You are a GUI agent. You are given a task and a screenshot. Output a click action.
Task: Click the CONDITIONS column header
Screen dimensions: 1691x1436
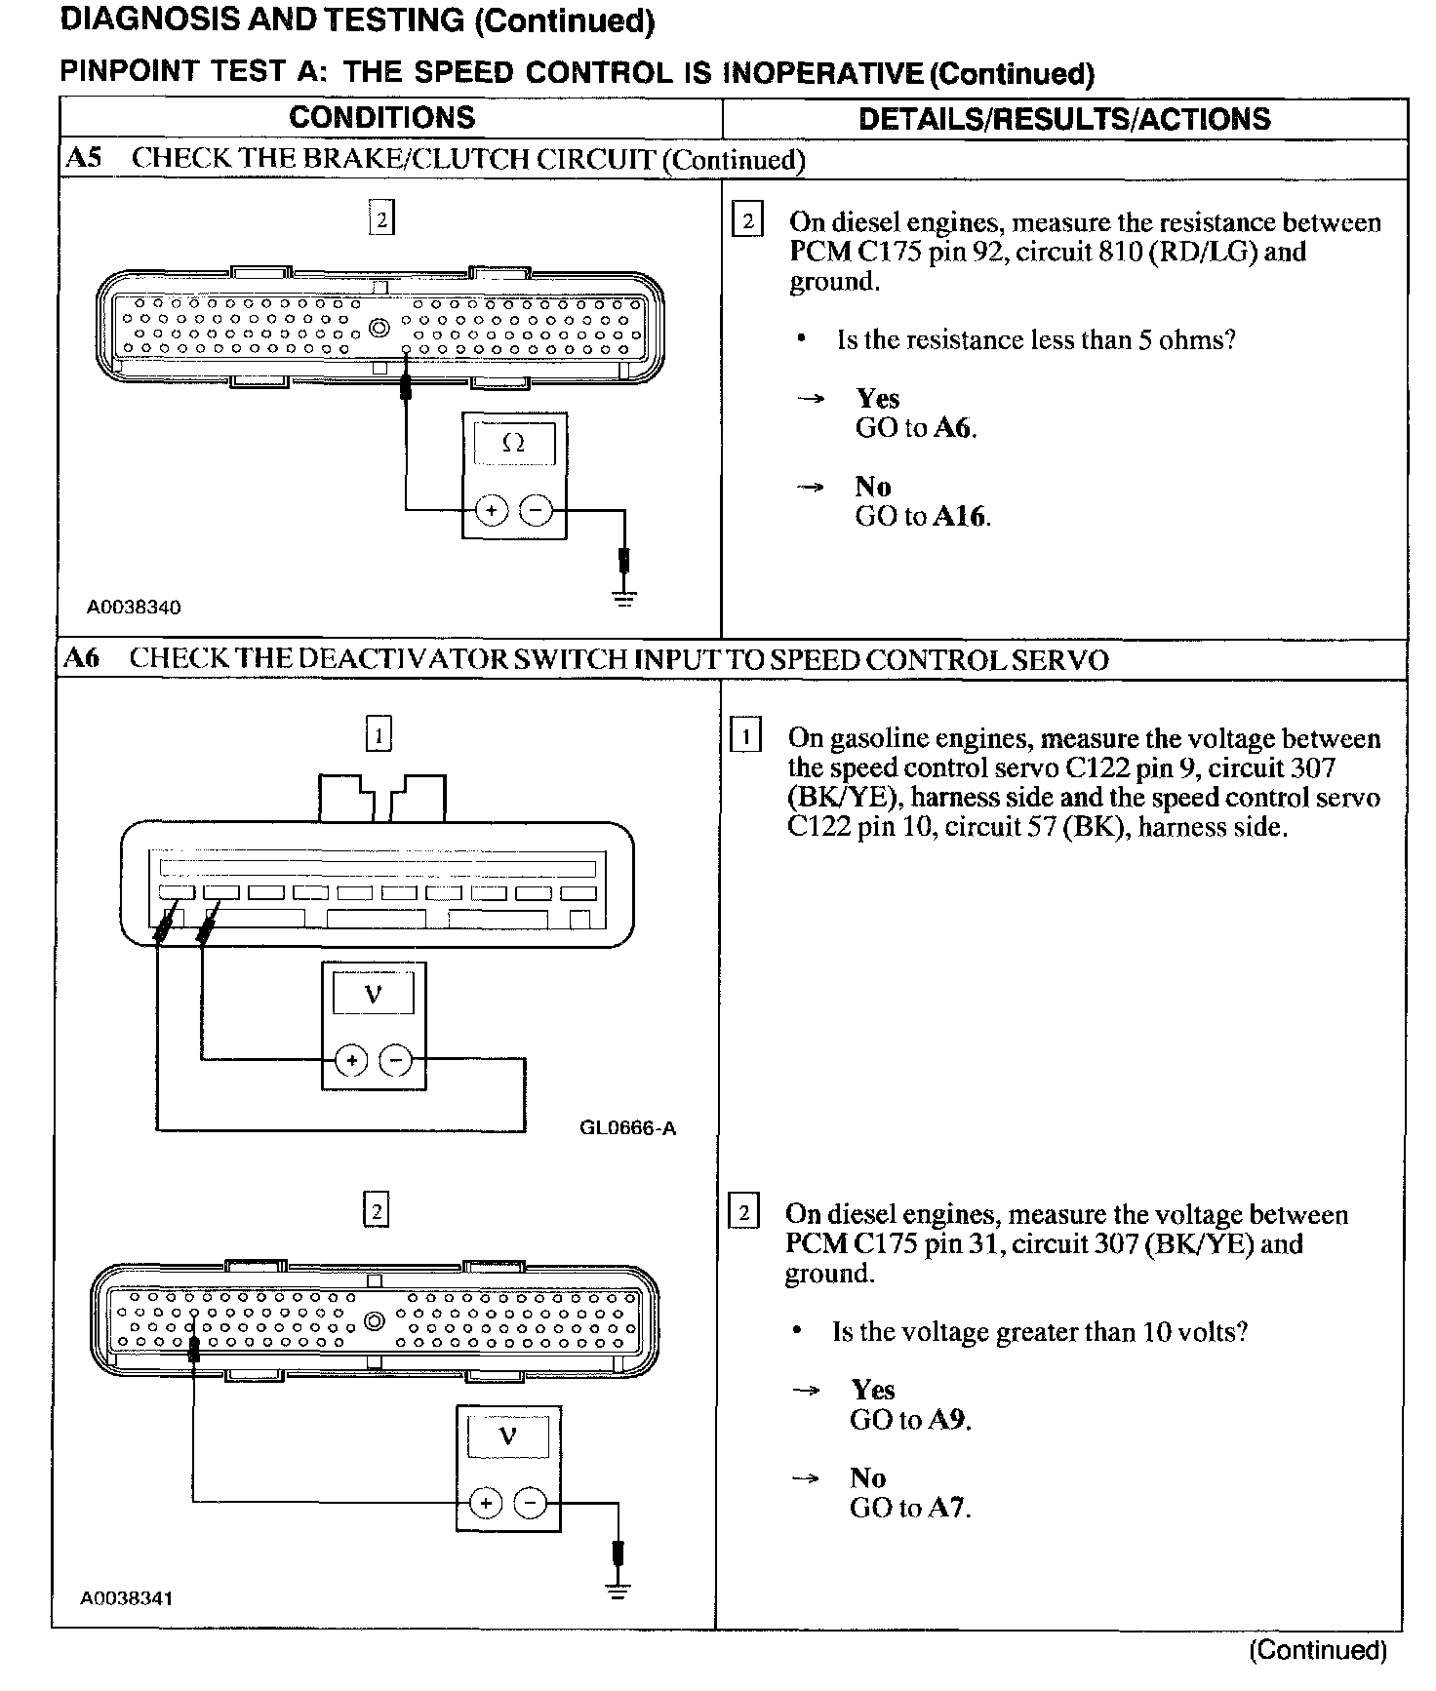[381, 118]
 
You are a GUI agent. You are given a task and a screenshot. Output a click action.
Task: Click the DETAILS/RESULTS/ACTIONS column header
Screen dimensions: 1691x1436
[1064, 119]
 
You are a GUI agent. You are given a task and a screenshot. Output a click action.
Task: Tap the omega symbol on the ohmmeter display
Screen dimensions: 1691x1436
[513, 444]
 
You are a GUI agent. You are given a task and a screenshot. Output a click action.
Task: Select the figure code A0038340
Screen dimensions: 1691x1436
[134, 608]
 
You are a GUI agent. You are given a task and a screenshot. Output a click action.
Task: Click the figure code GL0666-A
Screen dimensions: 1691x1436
[627, 1128]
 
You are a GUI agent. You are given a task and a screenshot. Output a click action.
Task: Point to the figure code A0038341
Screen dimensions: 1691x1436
[128, 1598]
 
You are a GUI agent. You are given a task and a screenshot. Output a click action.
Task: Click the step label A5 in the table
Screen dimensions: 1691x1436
[83, 159]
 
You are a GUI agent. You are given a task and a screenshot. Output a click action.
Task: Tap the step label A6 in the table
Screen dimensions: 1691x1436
[82, 658]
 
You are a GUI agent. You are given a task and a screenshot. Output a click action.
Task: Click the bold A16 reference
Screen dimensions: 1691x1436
[960, 516]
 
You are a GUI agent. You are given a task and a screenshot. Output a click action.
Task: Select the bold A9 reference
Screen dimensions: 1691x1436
[947, 1419]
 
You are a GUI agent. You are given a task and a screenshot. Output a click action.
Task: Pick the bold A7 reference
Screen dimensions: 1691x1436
[946, 1508]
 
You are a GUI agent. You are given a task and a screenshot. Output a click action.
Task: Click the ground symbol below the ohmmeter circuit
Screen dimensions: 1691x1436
[625, 597]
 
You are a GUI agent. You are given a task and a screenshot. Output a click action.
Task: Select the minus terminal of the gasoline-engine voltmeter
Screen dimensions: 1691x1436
[396, 1060]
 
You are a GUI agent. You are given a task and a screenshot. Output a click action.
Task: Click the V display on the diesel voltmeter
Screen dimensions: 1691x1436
[507, 1435]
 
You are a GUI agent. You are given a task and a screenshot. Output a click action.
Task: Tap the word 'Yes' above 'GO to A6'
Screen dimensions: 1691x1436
[878, 398]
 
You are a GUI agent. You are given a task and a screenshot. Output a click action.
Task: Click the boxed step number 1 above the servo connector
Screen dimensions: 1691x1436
[379, 733]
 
